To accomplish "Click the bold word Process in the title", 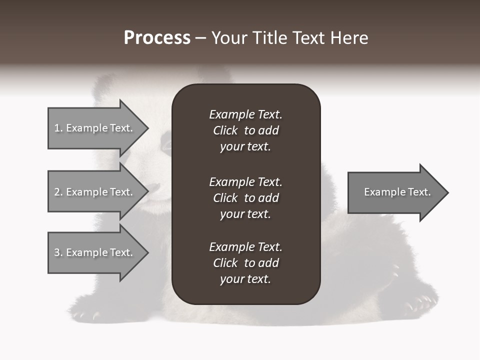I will pos(157,38).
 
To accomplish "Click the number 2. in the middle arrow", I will pos(58,192).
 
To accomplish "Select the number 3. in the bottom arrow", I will pos(58,252).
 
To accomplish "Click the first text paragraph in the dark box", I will pos(245,130).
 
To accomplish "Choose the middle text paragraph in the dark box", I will pos(245,198).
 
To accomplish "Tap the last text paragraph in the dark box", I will pos(245,263).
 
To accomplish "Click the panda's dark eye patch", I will pos(165,145).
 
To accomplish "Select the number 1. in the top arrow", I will pos(58,128).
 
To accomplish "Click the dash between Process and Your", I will pos(200,38).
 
